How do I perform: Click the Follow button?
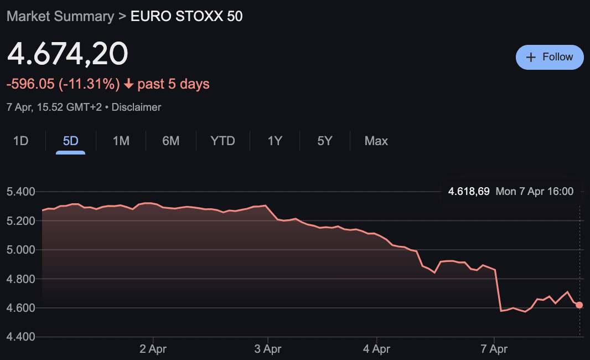click(550, 57)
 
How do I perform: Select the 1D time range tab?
click(20, 141)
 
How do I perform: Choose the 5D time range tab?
click(70, 141)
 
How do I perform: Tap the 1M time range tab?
click(121, 141)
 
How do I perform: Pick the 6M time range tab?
click(170, 141)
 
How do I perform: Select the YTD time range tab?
click(222, 141)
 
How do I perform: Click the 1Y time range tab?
click(275, 141)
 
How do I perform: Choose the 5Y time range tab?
click(325, 141)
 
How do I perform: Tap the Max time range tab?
click(376, 141)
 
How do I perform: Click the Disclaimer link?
click(136, 107)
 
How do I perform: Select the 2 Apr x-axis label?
click(153, 349)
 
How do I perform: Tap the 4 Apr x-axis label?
click(376, 349)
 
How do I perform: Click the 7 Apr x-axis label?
click(494, 349)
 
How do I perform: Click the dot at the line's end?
click(579, 305)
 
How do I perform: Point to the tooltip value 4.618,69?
click(469, 192)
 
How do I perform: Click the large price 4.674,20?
click(68, 54)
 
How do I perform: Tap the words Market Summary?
click(60, 16)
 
